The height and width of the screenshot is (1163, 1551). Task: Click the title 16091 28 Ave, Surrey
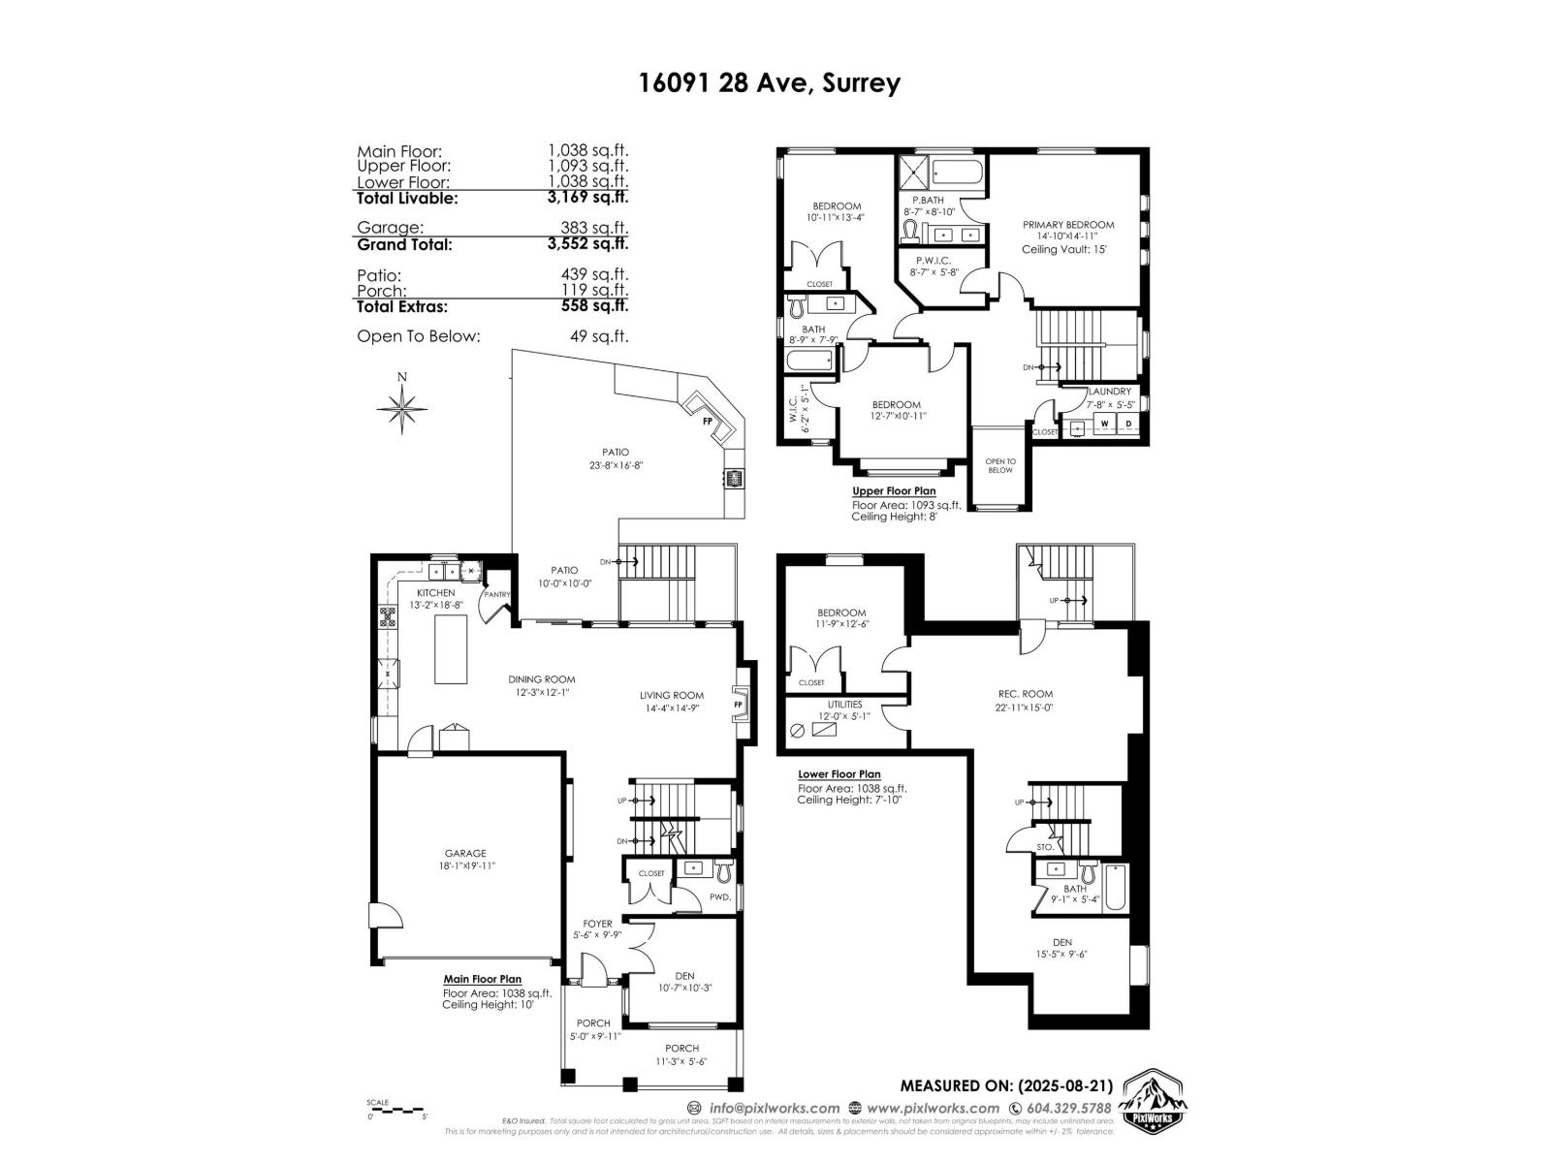(769, 82)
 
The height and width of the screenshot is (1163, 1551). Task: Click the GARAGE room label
(465, 853)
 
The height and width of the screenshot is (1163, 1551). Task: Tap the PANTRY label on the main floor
(497, 595)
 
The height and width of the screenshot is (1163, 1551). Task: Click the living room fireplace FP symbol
(739, 705)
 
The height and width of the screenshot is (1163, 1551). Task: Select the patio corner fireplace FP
(708, 421)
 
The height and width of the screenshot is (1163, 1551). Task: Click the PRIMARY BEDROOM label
(1068, 225)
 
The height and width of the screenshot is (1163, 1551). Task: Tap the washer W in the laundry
(1103, 424)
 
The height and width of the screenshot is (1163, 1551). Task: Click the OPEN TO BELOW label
(999, 465)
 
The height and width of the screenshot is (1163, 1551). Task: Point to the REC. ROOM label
(1025, 694)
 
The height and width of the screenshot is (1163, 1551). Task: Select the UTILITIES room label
(844, 705)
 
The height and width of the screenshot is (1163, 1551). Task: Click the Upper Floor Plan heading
(893, 491)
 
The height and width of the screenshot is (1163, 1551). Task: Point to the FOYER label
(597, 924)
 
